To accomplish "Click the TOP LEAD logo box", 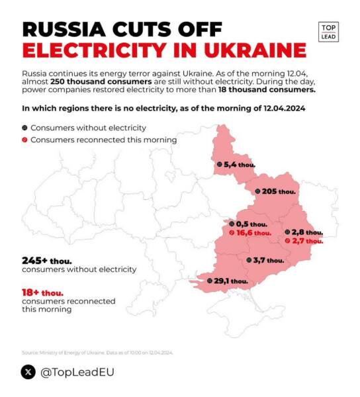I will (328, 32).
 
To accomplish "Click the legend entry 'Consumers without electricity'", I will (88, 128).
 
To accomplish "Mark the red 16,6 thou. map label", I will (253, 233).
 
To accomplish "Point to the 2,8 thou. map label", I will (307, 232).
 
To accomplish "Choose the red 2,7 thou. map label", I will (307, 241).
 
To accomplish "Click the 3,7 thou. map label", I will (268, 260).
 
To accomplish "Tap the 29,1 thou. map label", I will (230, 281).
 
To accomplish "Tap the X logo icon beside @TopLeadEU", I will (28, 372).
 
